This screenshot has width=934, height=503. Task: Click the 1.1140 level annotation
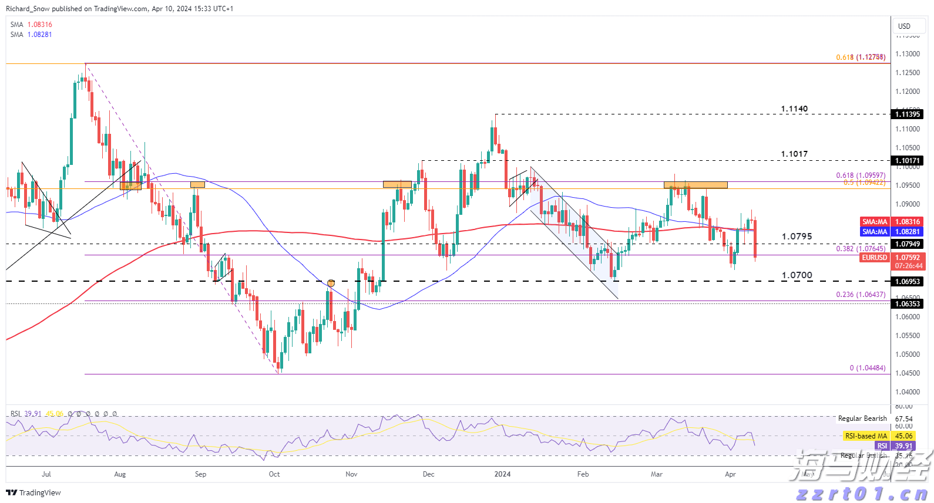[x=794, y=109]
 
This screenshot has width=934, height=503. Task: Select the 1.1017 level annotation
[x=794, y=154]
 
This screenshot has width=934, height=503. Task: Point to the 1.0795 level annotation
[x=797, y=237]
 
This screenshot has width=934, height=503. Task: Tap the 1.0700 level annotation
[x=797, y=275]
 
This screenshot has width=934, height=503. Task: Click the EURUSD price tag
[x=875, y=258]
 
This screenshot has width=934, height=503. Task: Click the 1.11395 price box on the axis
[x=908, y=114]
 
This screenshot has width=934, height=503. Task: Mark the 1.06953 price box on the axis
[x=908, y=282]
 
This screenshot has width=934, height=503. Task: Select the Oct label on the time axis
[x=274, y=474]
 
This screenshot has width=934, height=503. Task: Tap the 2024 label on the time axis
[x=502, y=474]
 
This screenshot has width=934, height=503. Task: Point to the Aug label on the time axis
[x=120, y=474]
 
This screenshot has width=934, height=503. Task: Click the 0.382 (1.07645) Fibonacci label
[x=861, y=249]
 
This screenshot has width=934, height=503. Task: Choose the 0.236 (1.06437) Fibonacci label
[x=861, y=295]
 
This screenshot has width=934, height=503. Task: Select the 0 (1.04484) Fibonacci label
[x=867, y=368]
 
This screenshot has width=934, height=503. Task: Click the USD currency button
[x=904, y=26]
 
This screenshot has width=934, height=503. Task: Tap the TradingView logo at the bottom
[x=33, y=492]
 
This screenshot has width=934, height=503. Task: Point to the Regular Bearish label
[x=862, y=418]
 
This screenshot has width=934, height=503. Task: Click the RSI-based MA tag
[x=866, y=436]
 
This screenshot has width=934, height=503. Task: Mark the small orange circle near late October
[x=331, y=283]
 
